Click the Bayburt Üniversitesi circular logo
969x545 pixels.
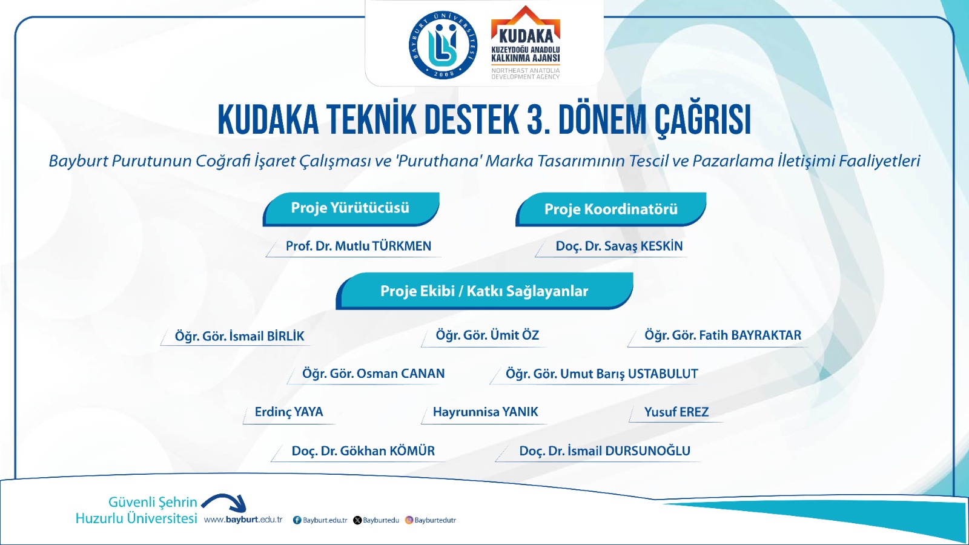point(443,45)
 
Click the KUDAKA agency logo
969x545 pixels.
point(526,43)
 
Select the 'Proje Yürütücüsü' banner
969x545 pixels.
point(351,209)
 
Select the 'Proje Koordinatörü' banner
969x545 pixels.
point(611,210)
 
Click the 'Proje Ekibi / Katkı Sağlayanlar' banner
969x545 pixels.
point(484,291)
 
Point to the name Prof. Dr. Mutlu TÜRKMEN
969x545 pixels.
point(359,246)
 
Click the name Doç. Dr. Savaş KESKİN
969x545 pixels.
point(619,246)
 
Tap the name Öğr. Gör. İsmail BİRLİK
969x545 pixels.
point(240,337)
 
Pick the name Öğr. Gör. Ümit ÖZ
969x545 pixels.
point(487,335)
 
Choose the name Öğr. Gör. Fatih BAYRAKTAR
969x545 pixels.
point(723,335)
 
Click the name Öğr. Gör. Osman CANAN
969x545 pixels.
point(373,374)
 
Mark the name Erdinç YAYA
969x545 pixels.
point(289,412)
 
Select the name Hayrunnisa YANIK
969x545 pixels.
point(485,412)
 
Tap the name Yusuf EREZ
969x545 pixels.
point(676,412)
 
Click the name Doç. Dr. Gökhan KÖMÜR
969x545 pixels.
point(363,451)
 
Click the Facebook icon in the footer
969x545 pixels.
point(297,520)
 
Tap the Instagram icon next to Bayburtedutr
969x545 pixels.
point(409,520)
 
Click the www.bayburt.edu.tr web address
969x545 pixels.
point(243,520)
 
